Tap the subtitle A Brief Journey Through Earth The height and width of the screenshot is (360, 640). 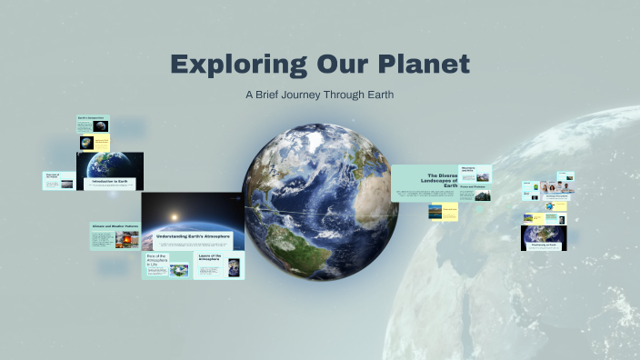tap(319, 94)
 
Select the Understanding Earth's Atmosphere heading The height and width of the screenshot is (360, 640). tap(192, 237)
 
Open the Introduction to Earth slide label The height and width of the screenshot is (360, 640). tap(110, 182)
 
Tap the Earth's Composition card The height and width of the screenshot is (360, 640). tap(93, 118)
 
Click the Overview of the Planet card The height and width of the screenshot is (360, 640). tap(58, 180)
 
